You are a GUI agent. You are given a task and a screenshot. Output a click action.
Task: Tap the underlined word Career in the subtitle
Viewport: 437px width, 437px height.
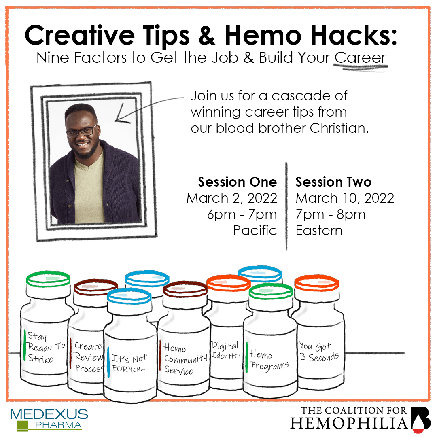360,57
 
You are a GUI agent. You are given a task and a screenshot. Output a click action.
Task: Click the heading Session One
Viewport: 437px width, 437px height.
237,182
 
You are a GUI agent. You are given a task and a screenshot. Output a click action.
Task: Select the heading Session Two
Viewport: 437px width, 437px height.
333,182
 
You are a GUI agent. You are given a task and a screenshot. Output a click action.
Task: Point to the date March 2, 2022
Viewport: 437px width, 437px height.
231,198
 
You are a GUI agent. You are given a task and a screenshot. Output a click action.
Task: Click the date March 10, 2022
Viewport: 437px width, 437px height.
345,198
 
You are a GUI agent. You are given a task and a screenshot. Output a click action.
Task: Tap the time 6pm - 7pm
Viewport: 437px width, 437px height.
242,214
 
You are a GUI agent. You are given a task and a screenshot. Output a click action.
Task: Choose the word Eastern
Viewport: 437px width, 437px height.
319,231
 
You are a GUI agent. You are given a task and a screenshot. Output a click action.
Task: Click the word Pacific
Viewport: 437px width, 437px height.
255,231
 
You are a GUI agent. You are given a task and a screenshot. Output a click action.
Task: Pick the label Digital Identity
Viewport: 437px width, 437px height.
225,350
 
